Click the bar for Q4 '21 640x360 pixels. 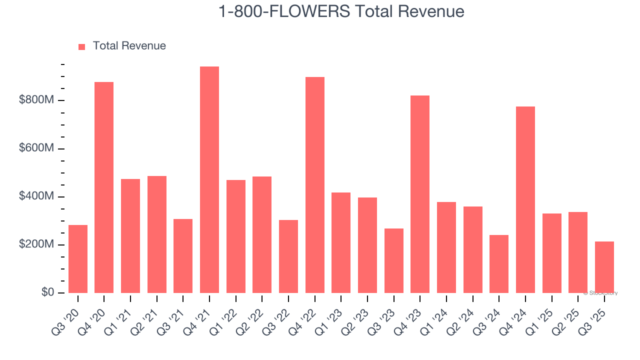(x=209, y=180)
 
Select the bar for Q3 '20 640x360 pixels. (x=78, y=259)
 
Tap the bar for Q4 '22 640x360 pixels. (x=315, y=185)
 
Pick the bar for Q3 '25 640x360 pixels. (x=604, y=267)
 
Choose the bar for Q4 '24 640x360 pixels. (x=525, y=200)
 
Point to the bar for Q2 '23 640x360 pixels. (x=367, y=245)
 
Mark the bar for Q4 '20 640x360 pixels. (x=104, y=187)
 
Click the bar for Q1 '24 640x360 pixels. (x=446, y=247)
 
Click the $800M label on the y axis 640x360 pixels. (x=36, y=100)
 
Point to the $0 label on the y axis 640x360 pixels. (x=47, y=292)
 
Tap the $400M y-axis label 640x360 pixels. (x=36, y=196)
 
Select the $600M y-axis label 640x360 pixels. (x=36, y=148)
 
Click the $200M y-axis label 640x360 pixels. (x=36, y=244)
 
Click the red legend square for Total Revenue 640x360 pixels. (x=82, y=47)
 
